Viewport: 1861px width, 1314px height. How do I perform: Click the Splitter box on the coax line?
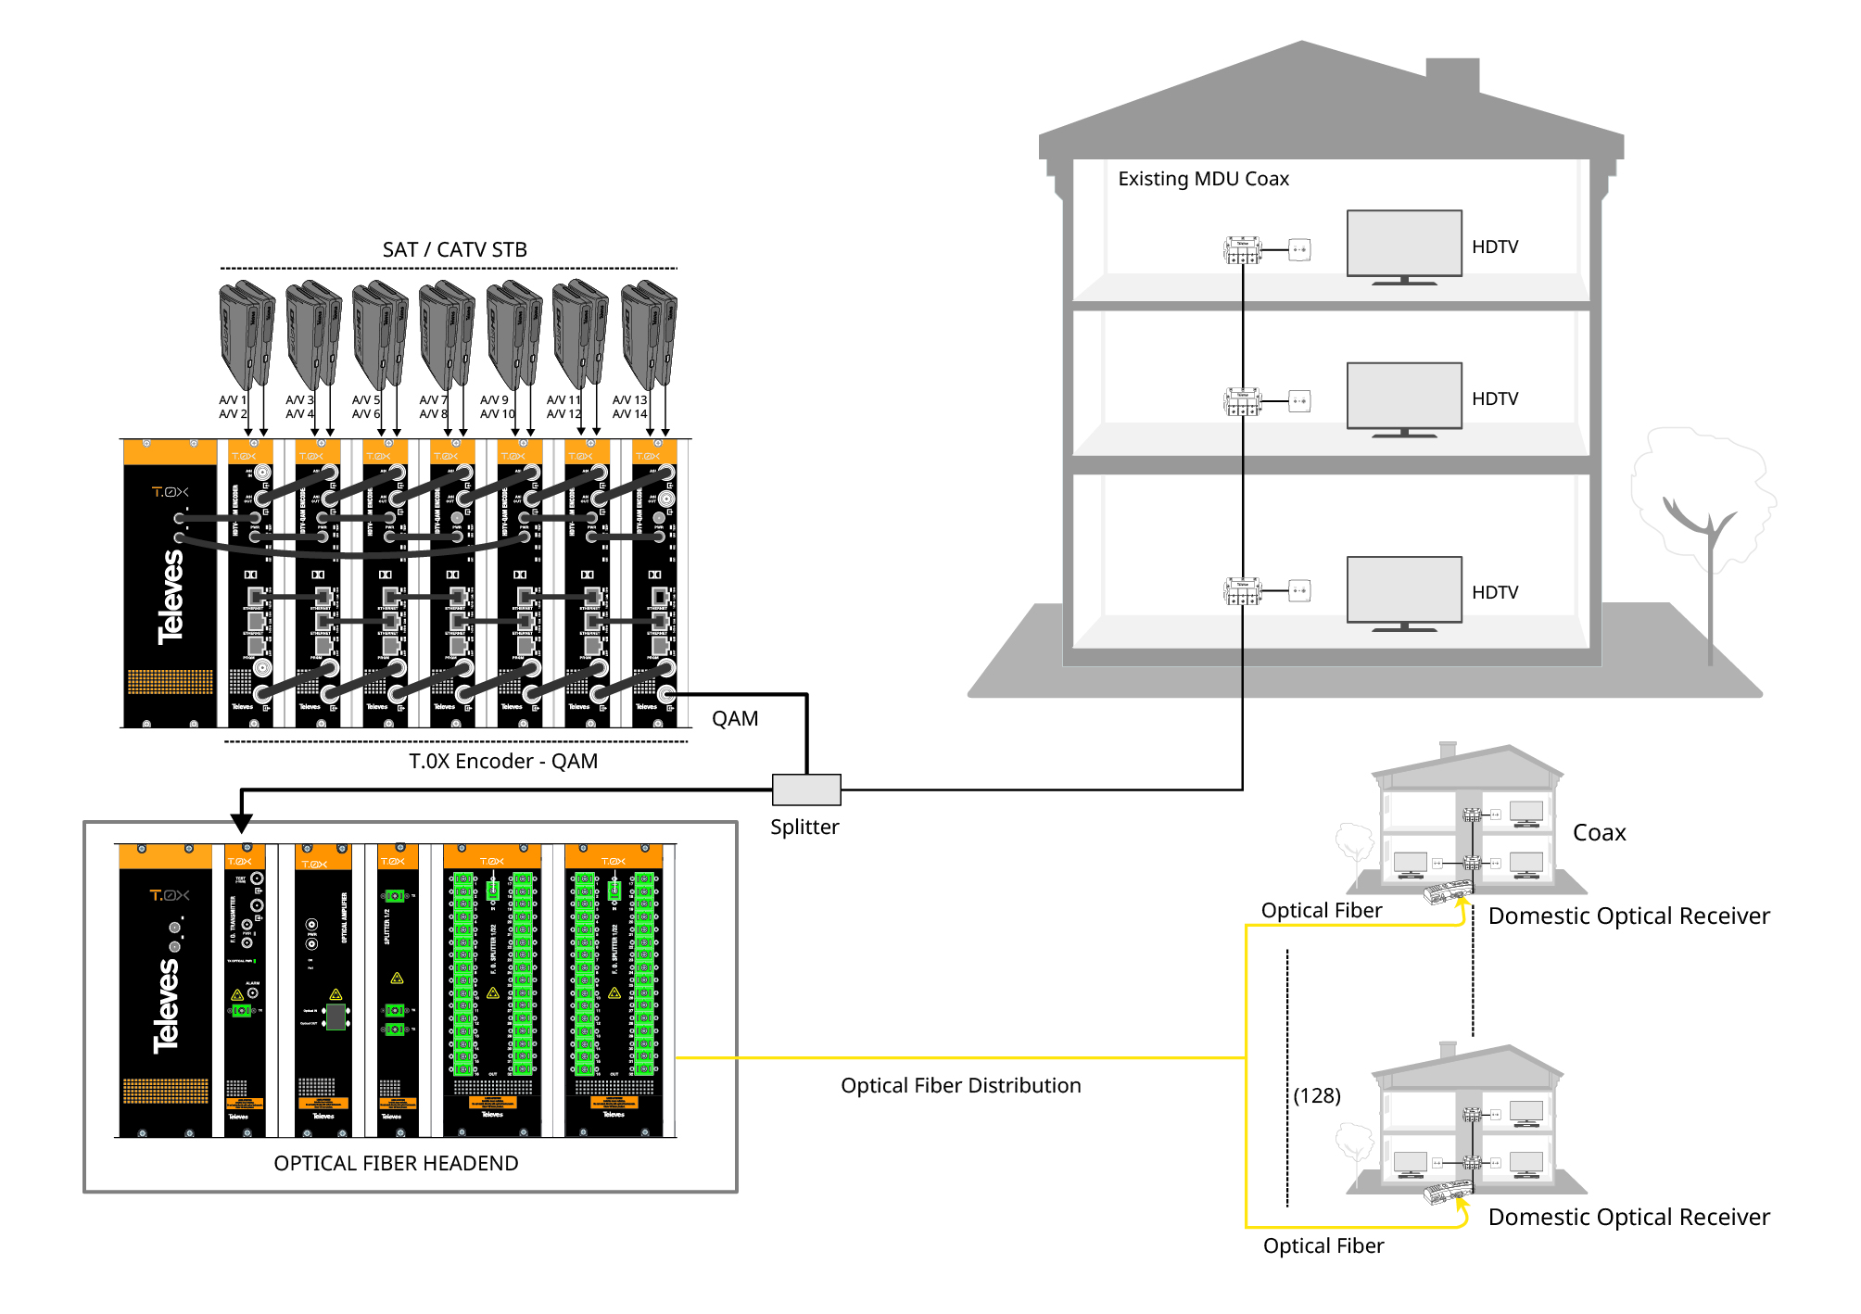[x=806, y=790]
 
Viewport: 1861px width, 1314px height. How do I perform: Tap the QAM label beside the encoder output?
[x=735, y=718]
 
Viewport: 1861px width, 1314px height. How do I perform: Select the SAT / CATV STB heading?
[x=454, y=249]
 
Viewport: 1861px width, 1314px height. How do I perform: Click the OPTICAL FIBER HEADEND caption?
[x=396, y=1163]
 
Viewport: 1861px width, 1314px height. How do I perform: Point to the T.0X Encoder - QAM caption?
[x=503, y=761]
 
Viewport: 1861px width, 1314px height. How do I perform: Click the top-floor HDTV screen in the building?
[x=1404, y=243]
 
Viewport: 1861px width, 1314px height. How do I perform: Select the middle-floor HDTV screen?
[x=1404, y=396]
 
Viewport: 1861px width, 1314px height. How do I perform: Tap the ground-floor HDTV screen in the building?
[x=1404, y=589]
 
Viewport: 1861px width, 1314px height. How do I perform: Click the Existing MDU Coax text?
[x=1203, y=179]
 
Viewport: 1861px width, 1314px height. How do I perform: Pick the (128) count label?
[x=1317, y=1095]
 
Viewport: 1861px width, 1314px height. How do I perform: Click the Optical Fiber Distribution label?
[x=960, y=1085]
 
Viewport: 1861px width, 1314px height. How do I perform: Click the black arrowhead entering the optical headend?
[x=242, y=823]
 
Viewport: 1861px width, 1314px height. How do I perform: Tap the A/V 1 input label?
[x=233, y=399]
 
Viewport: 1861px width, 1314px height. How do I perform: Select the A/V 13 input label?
[x=629, y=399]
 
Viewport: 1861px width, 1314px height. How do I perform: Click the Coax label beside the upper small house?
[x=1599, y=832]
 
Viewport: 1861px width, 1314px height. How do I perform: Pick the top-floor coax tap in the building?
[x=1242, y=249]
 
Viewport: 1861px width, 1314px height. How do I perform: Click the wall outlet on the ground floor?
[x=1299, y=590]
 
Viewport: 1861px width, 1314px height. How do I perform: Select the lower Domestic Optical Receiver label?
[x=1628, y=1217]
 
